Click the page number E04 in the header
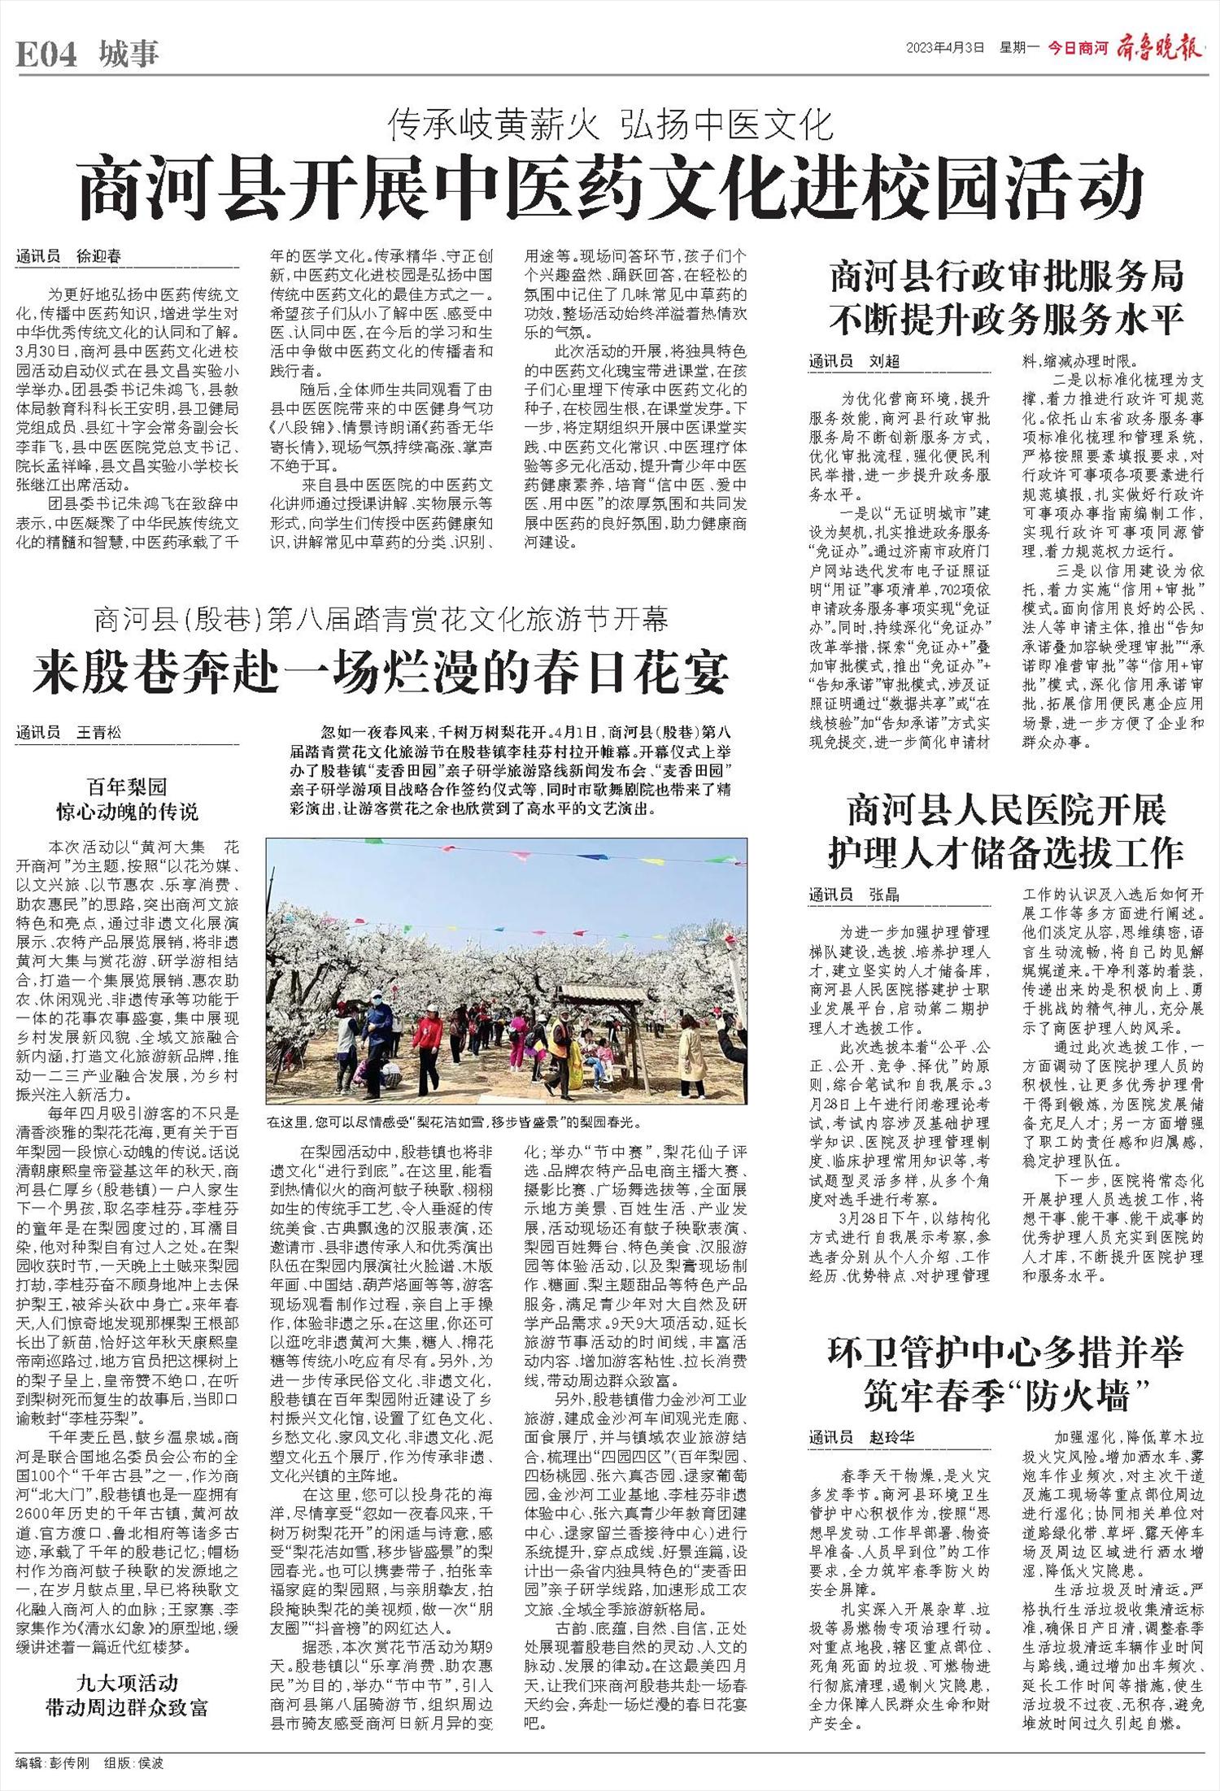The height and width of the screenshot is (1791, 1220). click(46, 54)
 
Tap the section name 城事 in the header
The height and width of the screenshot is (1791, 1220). click(129, 54)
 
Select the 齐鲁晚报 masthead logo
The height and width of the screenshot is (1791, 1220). click(1161, 48)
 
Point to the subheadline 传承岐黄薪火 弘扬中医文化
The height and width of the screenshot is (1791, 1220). click(612, 124)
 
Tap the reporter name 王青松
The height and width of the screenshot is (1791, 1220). click(98, 733)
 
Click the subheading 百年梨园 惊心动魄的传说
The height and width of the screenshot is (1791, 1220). click(127, 799)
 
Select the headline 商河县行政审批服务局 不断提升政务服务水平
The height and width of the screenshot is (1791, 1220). click(1005, 298)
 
